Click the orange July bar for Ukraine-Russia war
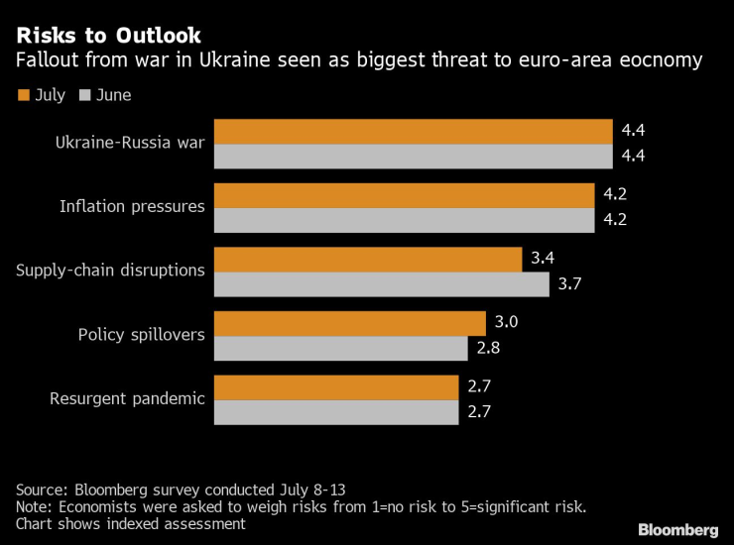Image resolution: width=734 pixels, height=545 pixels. click(413, 132)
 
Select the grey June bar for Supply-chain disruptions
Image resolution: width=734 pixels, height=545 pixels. click(381, 284)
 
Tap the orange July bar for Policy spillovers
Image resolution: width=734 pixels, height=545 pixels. click(349, 323)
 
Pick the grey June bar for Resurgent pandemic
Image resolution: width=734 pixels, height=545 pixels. click(336, 412)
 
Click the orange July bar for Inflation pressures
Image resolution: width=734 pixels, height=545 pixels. click(404, 195)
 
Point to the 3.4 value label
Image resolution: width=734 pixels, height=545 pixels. click(543, 259)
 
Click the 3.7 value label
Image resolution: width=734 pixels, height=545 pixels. click(569, 284)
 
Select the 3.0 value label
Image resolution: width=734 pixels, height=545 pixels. click(506, 323)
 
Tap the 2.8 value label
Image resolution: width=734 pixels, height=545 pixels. click(488, 349)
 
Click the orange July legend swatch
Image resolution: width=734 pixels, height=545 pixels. click(23, 96)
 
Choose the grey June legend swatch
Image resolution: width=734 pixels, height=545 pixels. click(84, 96)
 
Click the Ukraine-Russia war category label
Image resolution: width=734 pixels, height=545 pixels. click(130, 144)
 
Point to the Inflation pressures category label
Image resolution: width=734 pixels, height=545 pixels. click(132, 207)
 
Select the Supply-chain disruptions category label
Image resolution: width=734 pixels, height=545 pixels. click(111, 271)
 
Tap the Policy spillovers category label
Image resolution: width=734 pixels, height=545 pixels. click(142, 335)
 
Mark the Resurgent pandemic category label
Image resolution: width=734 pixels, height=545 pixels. click(127, 398)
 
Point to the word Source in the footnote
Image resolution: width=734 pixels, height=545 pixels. click(41, 490)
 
